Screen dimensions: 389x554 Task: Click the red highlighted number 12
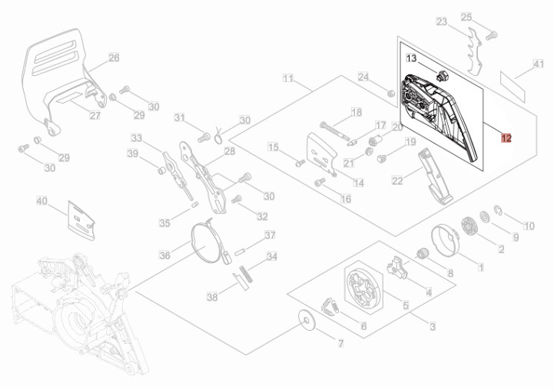(x=506, y=139)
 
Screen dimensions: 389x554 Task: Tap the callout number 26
(x=114, y=58)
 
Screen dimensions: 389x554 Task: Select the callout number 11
(x=288, y=78)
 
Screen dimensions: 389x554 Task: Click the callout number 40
(x=42, y=201)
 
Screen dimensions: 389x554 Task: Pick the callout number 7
(x=341, y=341)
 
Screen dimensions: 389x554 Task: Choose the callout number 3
(x=433, y=327)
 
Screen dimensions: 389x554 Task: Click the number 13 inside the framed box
(x=411, y=58)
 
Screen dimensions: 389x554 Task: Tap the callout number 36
(x=164, y=255)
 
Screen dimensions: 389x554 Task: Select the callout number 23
(x=441, y=21)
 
